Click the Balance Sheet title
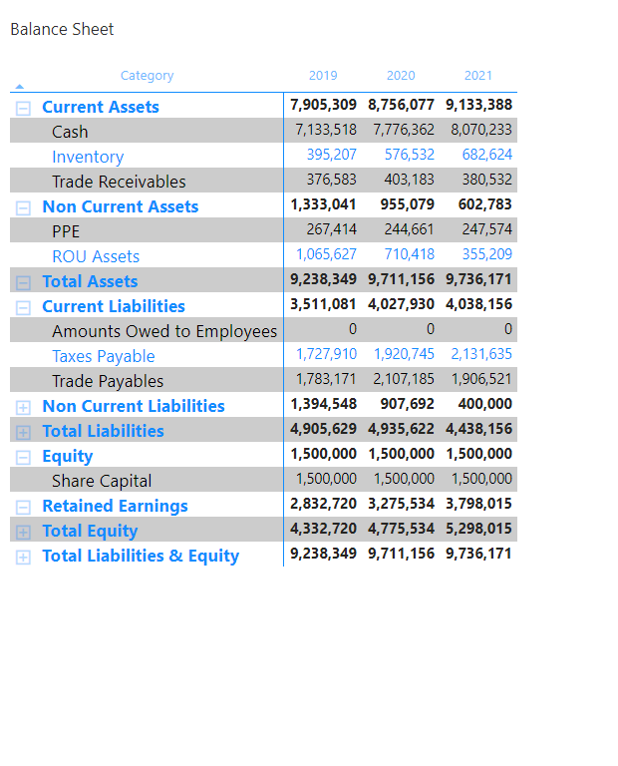(62, 30)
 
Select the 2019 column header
(323, 76)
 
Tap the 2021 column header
(478, 76)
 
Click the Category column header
(147, 76)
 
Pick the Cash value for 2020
(404, 131)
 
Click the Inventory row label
(88, 157)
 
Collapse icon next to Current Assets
(23, 108)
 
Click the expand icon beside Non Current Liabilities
(23, 407)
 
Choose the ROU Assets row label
(96, 256)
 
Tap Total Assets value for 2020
(401, 281)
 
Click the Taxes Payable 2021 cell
(481, 355)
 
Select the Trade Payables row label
(108, 381)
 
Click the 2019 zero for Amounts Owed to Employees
(352, 330)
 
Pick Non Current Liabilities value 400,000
(485, 405)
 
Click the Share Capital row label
(102, 481)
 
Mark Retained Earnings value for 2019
(323, 505)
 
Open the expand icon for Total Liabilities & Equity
(23, 557)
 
